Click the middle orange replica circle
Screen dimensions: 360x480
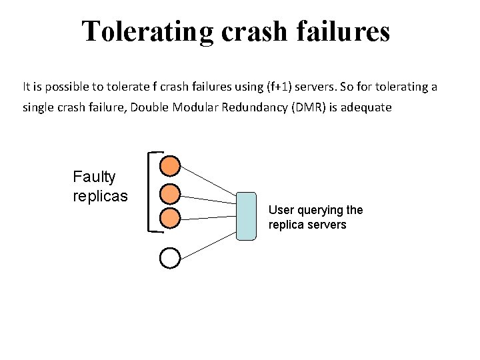[x=171, y=193]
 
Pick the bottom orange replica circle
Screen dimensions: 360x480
[x=171, y=217]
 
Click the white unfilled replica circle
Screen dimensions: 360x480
[x=171, y=258]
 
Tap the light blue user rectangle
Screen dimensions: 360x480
[x=246, y=216]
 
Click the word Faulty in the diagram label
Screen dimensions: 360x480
[x=94, y=177]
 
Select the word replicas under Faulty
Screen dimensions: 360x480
[x=100, y=197]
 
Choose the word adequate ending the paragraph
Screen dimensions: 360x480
[x=369, y=107]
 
